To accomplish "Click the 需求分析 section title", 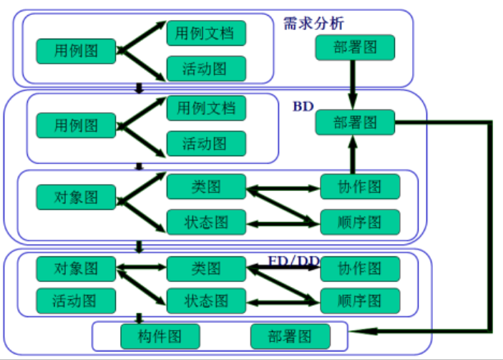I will point(314,24).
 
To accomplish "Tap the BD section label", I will point(303,107).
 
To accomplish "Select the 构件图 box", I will point(160,336).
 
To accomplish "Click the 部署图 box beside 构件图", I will point(290,336).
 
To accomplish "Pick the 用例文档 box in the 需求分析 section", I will point(206,32).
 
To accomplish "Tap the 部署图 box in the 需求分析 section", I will point(355,47).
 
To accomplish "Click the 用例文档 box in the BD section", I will point(206,108).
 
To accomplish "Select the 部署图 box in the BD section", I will point(355,122).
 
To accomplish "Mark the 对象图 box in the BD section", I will point(77,195).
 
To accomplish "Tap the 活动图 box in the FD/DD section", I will point(77,298).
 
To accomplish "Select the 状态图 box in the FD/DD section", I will point(206,298).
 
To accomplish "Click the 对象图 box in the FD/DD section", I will point(77,269).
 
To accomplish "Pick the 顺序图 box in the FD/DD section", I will point(360,298).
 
